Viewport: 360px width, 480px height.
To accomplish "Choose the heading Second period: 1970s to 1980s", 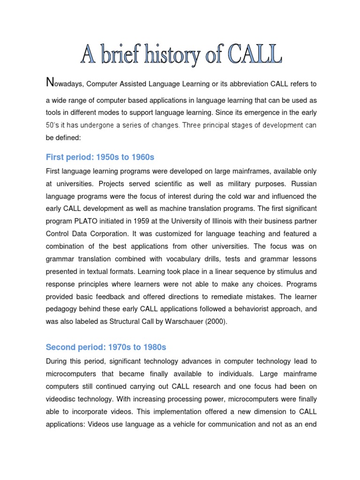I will tap(106, 347).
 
